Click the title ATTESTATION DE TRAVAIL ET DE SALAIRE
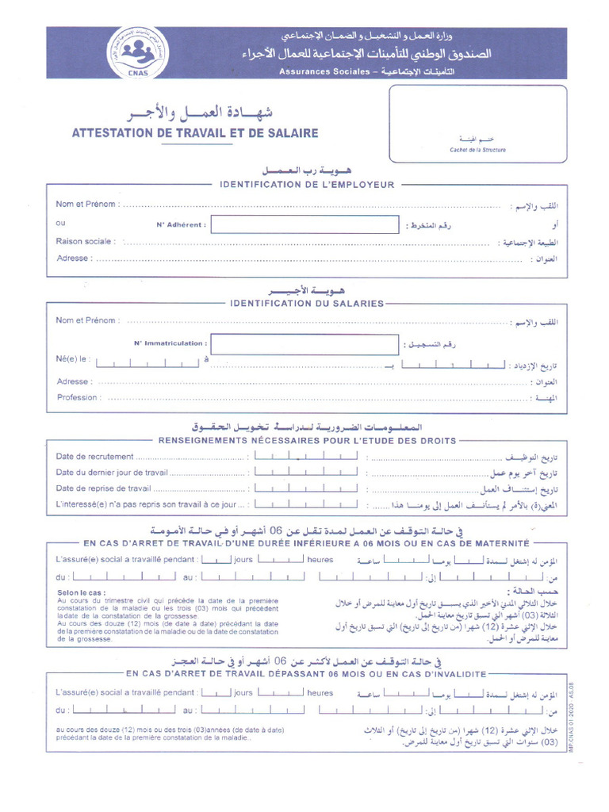tap(195, 133)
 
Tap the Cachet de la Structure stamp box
tap(477, 123)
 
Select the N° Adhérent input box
tap(304, 224)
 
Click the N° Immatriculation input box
tap(304, 343)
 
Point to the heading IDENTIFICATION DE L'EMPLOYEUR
tap(306, 185)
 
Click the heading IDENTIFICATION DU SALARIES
tap(306, 303)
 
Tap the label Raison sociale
tap(84, 241)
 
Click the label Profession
tap(78, 397)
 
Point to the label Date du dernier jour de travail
tap(112, 472)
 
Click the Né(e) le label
tap(73, 359)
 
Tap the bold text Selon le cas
tap(81, 592)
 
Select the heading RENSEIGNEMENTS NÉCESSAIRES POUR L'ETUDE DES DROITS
tap(308, 440)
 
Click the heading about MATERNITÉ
tap(306, 543)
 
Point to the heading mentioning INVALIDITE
tap(306, 673)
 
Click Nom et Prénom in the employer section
tap(88, 204)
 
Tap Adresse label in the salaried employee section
tap(74, 381)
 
